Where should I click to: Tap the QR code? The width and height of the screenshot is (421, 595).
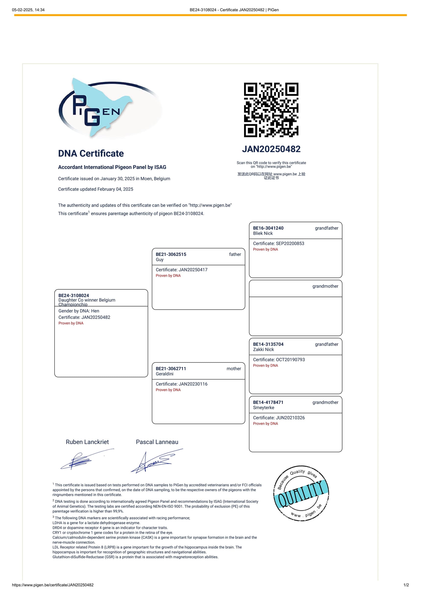(271, 110)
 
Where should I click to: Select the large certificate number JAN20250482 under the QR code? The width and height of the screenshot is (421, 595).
(271, 149)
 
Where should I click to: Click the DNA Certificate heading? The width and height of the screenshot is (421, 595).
(91, 153)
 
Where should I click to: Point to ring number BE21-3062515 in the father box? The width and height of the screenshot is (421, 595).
(171, 254)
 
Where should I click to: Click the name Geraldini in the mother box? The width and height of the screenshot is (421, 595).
(164, 374)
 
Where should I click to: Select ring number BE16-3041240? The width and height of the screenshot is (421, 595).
(268, 228)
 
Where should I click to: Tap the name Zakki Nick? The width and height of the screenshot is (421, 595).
(263, 349)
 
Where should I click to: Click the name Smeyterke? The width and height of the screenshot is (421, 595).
(264, 407)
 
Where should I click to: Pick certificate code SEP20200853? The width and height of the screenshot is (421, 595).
(290, 243)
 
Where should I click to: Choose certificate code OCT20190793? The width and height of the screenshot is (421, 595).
(290, 359)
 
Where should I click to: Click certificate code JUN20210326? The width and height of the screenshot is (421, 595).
(290, 417)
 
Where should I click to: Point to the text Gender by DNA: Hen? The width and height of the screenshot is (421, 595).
(79, 311)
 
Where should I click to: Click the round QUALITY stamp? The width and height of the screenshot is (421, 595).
(301, 493)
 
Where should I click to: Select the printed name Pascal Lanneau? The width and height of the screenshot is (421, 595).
(157, 442)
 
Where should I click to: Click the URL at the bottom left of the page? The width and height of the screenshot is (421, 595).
(53, 585)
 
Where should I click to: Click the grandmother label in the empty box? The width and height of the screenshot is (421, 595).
(325, 286)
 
